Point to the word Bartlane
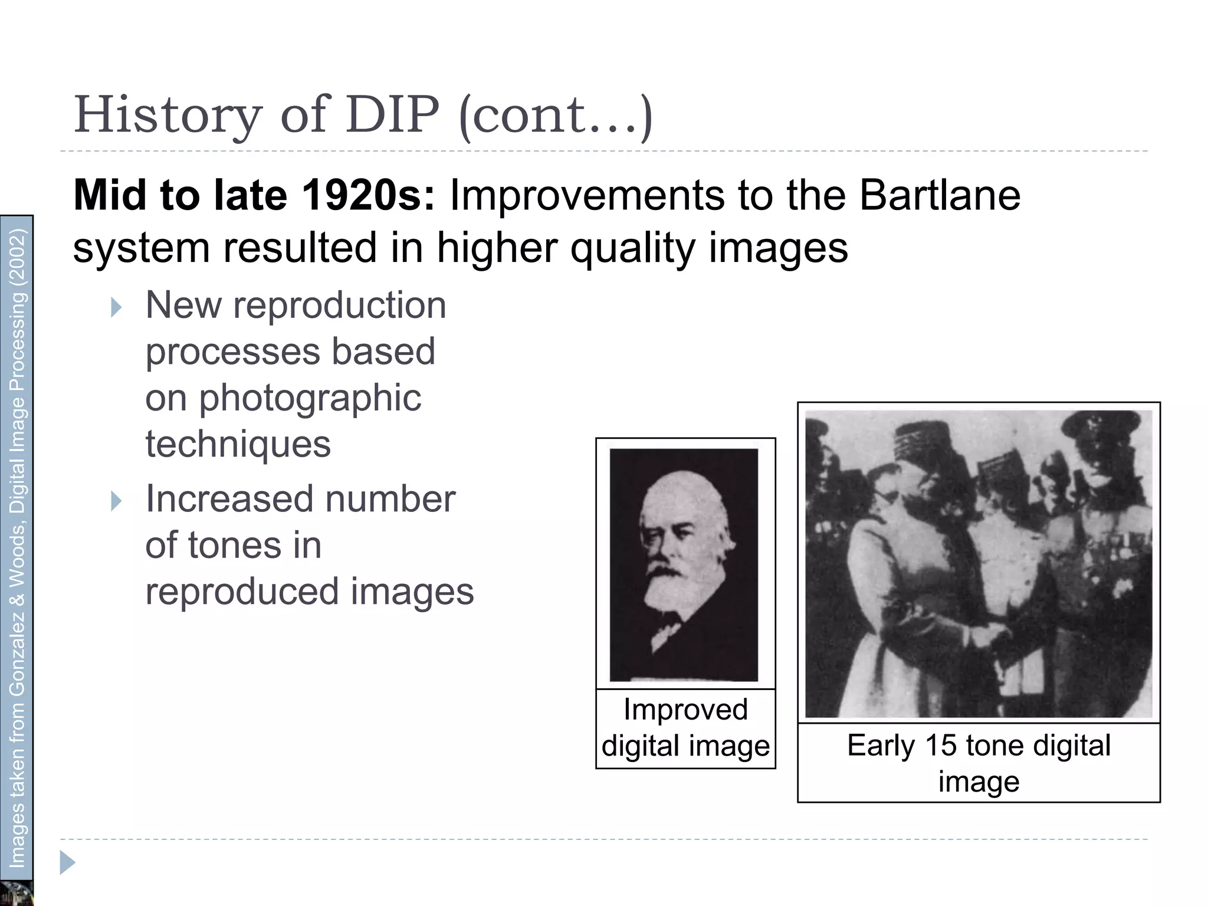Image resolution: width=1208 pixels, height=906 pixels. (940, 195)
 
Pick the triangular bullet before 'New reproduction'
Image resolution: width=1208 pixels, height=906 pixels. (116, 307)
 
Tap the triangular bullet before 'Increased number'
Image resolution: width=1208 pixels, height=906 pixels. (116, 501)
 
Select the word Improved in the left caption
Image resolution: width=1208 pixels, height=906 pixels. (685, 710)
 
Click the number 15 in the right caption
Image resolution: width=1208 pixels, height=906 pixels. (940, 745)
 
